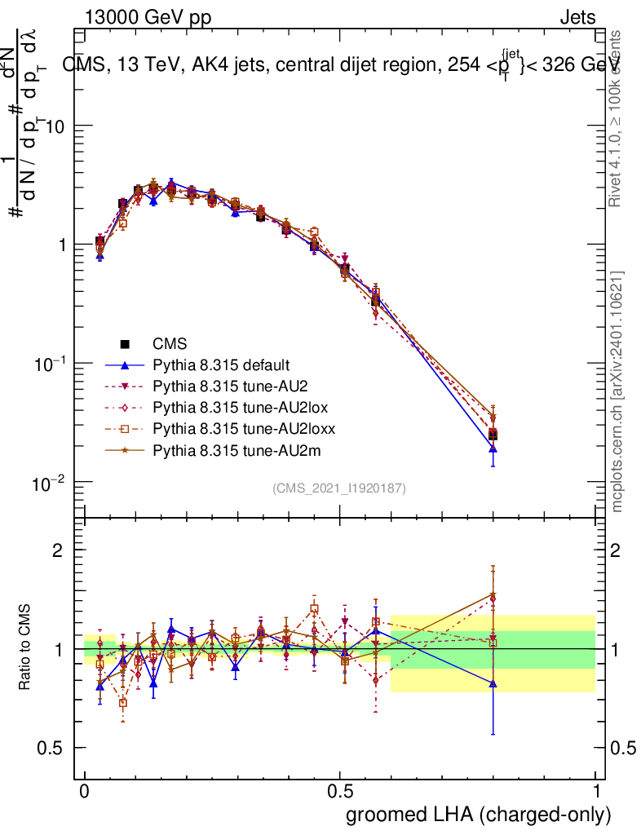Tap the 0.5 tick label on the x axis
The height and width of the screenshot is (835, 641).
pyautogui.click(x=340, y=792)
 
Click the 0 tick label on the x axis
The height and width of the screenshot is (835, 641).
pyautogui.click(x=85, y=792)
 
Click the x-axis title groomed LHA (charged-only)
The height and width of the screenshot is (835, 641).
pyautogui.click(x=480, y=815)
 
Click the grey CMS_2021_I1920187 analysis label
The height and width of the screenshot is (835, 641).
pyautogui.click(x=339, y=488)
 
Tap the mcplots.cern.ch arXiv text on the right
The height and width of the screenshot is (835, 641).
pyautogui.click(x=617, y=391)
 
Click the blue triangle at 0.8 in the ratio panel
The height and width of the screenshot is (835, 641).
pyautogui.click(x=493, y=683)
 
